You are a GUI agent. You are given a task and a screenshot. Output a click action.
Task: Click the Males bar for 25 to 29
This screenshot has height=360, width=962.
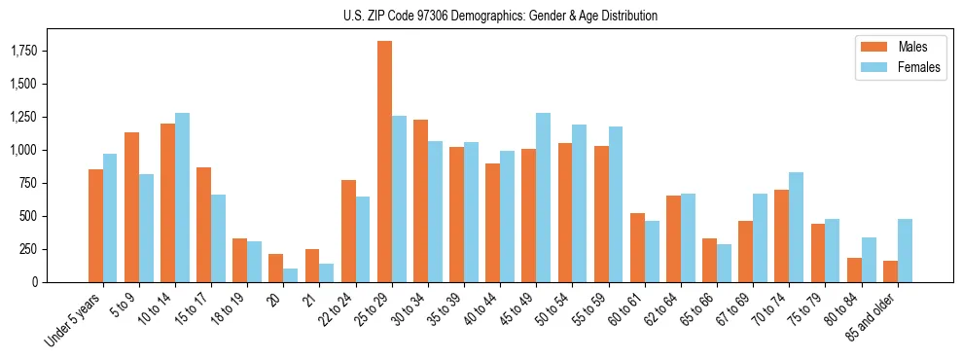point(385,162)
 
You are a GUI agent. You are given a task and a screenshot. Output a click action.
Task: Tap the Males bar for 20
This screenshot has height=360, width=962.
point(276,268)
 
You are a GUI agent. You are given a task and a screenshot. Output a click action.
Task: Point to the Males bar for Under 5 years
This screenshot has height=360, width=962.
point(95,226)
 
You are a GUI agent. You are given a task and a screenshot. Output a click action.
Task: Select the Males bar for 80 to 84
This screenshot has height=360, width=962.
point(854,270)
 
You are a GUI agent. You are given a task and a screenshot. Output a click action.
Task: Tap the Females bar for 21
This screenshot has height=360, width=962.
point(326,272)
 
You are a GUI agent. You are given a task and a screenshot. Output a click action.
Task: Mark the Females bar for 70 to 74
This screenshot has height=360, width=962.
point(796,227)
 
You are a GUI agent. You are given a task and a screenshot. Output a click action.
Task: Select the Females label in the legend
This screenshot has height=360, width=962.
point(919,67)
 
